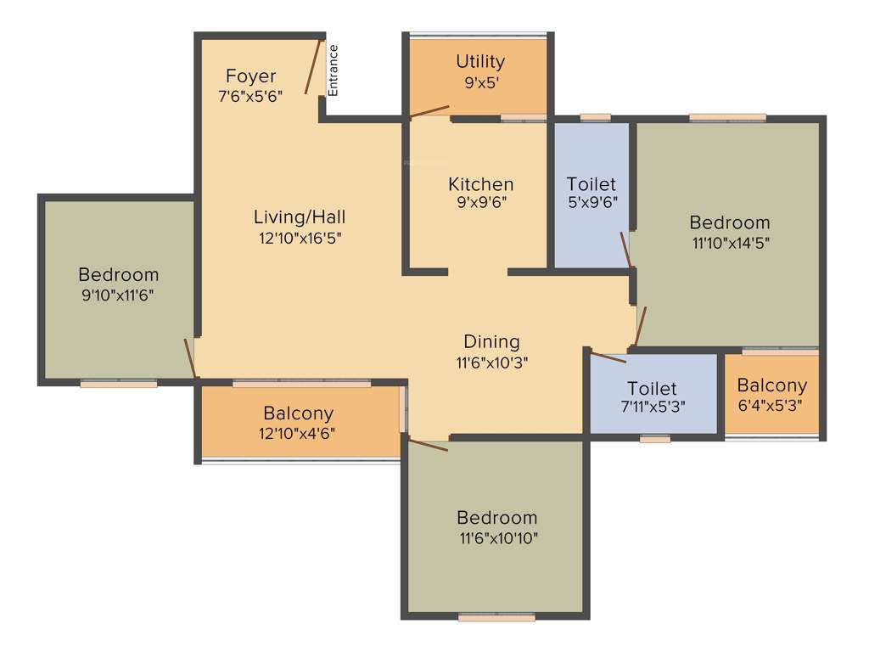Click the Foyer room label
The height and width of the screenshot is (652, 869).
click(x=250, y=76)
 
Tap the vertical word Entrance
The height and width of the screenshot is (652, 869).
click(x=334, y=70)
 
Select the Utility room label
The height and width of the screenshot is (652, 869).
click(x=480, y=61)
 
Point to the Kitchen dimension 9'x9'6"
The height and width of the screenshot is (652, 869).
click(x=481, y=203)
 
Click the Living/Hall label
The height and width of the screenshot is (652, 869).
click(x=300, y=216)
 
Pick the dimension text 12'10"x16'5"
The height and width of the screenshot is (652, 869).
click(x=300, y=238)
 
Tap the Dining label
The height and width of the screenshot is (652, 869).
click(x=491, y=341)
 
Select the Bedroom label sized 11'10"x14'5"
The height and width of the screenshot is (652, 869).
click(x=729, y=222)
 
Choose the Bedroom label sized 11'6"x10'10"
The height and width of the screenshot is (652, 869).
click(x=496, y=517)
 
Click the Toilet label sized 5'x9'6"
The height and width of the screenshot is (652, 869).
click(x=591, y=184)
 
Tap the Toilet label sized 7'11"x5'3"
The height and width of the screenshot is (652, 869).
click(x=653, y=388)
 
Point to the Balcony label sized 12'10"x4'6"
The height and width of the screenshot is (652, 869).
click(x=298, y=413)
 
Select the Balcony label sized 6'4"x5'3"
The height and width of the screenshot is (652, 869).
click(x=771, y=385)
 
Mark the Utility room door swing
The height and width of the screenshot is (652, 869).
click(x=429, y=111)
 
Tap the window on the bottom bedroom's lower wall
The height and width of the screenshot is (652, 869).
click(x=496, y=618)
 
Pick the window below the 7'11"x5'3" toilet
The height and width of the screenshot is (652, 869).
click(x=654, y=440)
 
